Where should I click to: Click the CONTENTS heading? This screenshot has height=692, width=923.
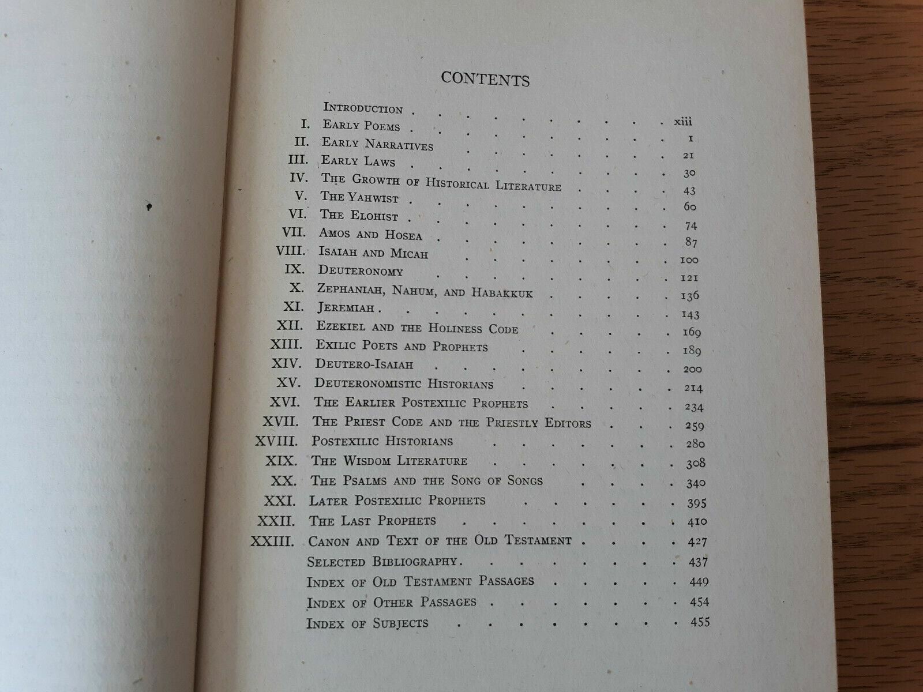click(x=485, y=79)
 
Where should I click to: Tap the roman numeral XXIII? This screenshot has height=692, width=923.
click(x=273, y=541)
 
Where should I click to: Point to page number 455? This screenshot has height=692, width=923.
click(x=699, y=622)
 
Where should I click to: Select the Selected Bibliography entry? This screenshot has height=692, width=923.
click(x=383, y=562)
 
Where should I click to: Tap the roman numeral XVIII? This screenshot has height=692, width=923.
click(x=276, y=442)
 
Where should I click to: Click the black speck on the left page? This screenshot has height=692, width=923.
click(x=150, y=205)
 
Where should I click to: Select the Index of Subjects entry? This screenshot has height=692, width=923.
click(x=367, y=623)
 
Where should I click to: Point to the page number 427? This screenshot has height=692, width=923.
click(x=697, y=543)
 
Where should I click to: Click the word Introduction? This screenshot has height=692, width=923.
click(x=363, y=108)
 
